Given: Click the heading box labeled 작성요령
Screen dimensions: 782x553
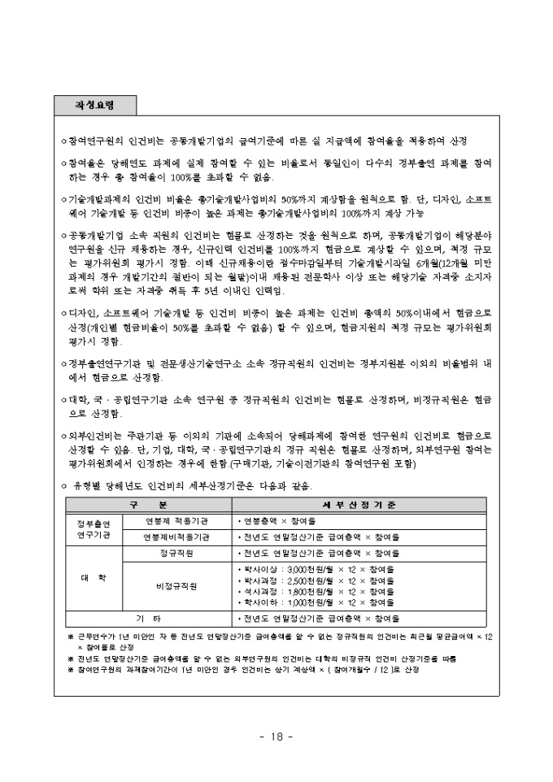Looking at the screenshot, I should click(95, 106).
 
